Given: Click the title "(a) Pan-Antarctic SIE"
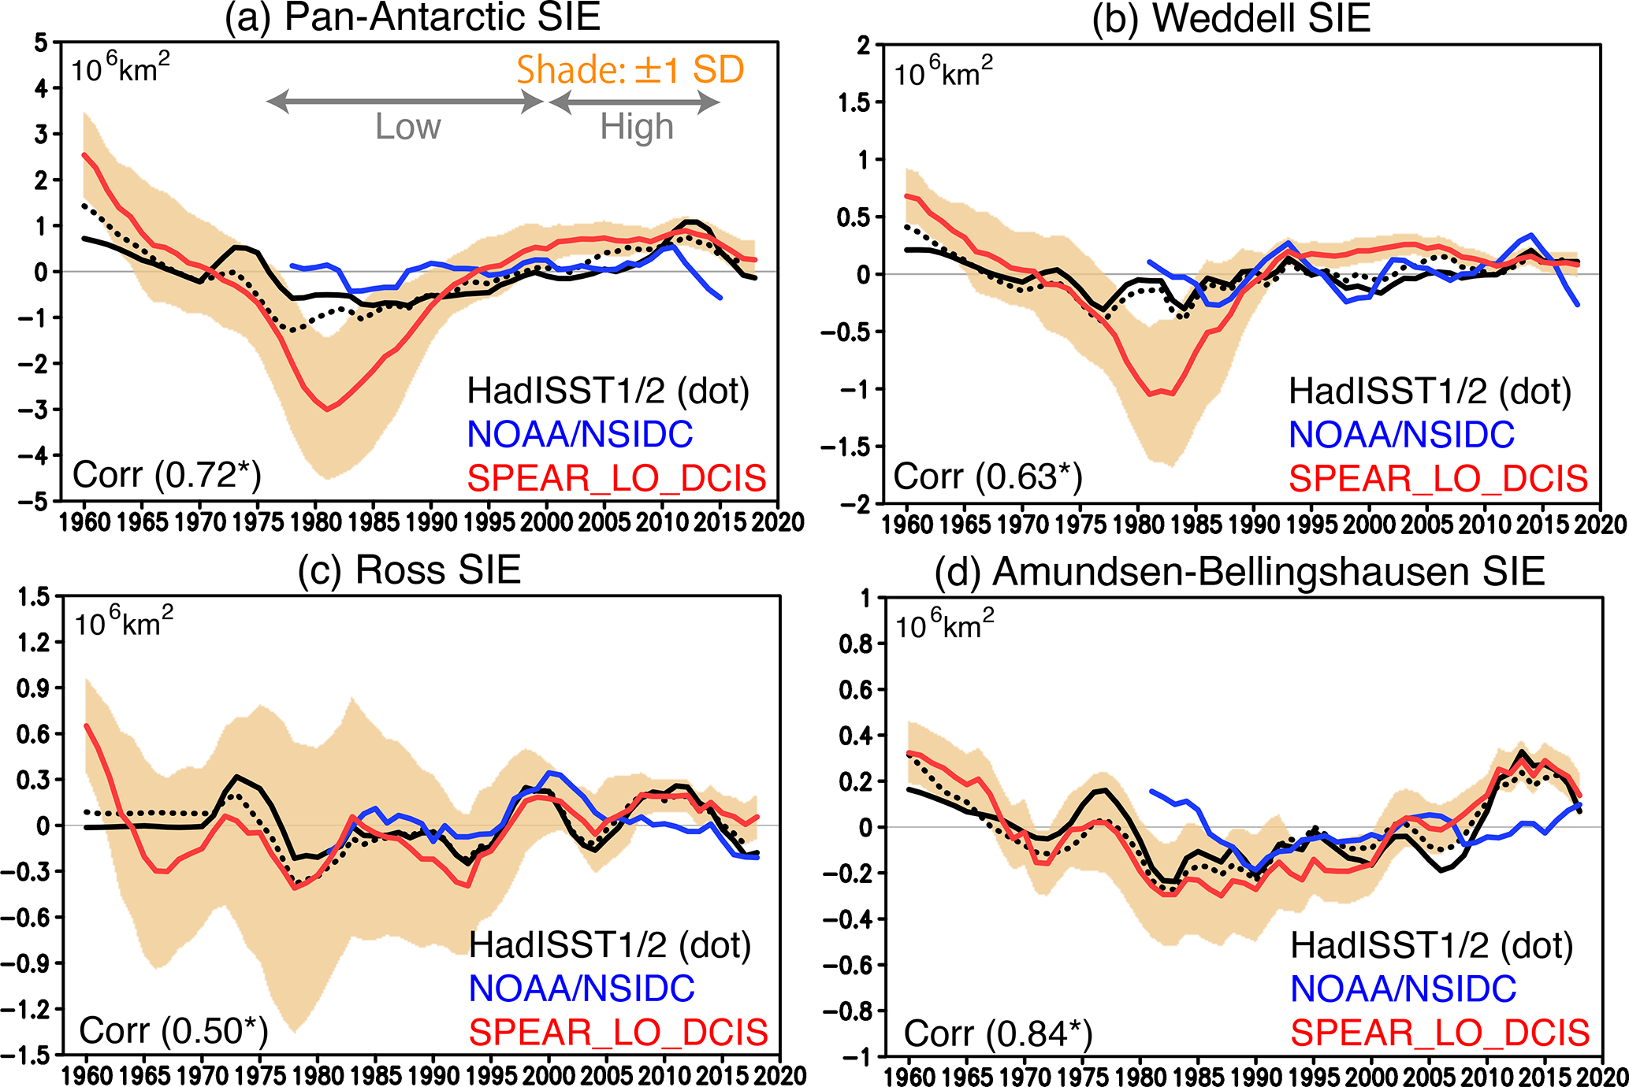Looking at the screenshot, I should (412, 17).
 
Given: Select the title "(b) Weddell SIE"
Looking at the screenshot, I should (1231, 19).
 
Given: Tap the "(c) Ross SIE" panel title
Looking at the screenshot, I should (409, 569).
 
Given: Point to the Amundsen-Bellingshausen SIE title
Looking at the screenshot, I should (1239, 572).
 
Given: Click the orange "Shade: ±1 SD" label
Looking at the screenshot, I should (630, 70).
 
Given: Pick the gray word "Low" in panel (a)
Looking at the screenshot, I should (407, 126).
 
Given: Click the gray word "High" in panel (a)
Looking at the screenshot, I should (637, 126).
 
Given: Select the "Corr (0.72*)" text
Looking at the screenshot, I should (166, 475).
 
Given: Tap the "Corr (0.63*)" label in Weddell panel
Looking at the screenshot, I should (987, 477).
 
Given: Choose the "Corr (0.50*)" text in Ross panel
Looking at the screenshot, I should (173, 1030).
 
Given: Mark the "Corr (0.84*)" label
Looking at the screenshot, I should (998, 1033).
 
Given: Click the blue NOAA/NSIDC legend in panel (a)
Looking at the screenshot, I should (580, 434).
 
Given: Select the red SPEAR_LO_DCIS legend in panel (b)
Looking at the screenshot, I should (1438, 478).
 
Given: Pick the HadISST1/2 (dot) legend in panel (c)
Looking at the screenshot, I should (610, 944).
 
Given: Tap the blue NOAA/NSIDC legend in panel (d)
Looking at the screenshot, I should (1403, 989).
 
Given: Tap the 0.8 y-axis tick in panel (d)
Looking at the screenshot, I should (857, 644).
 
